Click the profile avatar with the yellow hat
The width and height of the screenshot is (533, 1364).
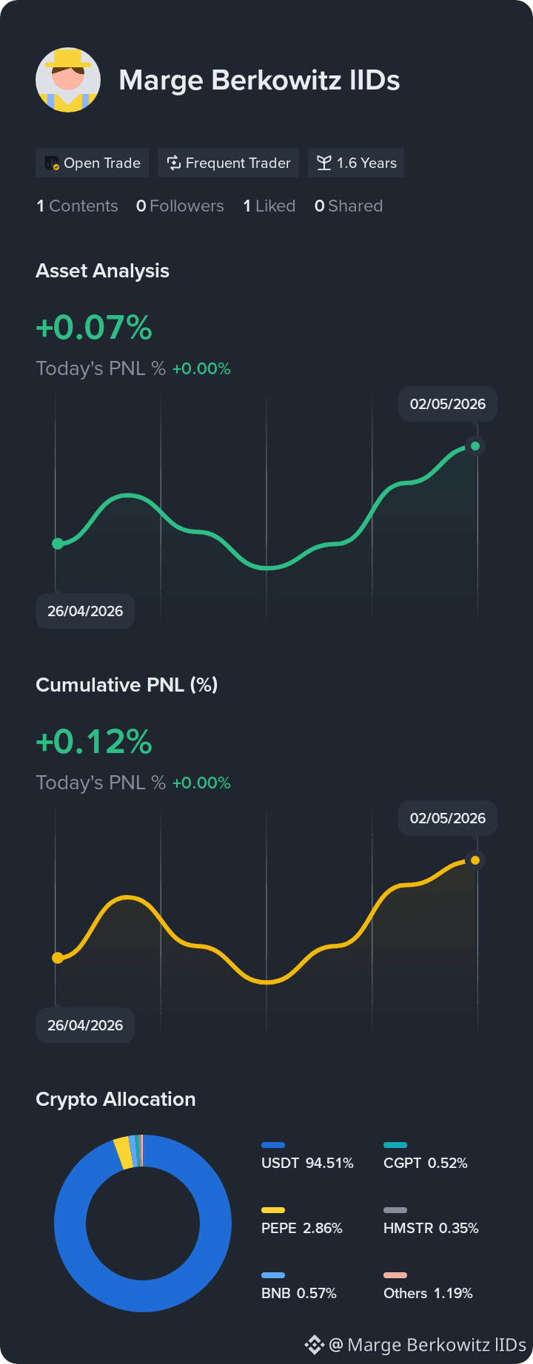pyautogui.click(x=68, y=80)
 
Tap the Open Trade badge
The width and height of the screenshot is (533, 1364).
pyautogui.click(x=93, y=163)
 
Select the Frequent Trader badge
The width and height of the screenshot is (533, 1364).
pyautogui.click(x=228, y=163)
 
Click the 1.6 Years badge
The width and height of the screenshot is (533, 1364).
pyautogui.click(x=356, y=163)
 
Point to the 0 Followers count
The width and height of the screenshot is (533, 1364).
pyautogui.click(x=180, y=206)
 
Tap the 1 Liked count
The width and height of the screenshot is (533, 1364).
pyautogui.click(x=269, y=206)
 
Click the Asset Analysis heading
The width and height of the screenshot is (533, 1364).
pyautogui.click(x=102, y=271)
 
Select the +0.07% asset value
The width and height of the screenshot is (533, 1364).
pyautogui.click(x=94, y=327)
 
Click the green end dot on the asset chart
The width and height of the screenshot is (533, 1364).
pyautogui.click(x=475, y=446)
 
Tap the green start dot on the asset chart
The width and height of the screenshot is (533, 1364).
pyautogui.click(x=58, y=544)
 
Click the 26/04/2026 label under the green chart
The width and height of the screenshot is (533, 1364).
pyautogui.click(x=85, y=611)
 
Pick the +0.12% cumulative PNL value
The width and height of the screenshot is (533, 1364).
pyautogui.click(x=94, y=741)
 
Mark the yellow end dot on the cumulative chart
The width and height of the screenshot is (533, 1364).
pyautogui.click(x=475, y=860)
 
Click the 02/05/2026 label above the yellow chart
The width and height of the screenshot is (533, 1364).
pyautogui.click(x=448, y=818)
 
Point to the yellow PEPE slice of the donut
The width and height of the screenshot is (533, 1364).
pyautogui.click(x=124, y=1153)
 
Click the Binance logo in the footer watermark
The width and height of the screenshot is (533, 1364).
pyautogui.click(x=315, y=1344)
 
